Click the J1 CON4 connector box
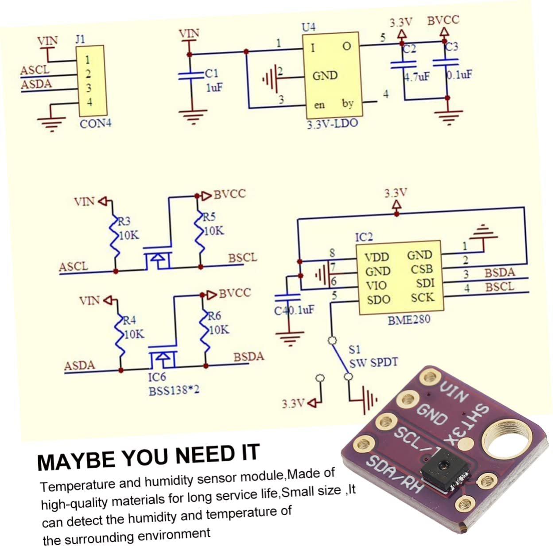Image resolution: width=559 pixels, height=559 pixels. [x=91, y=81]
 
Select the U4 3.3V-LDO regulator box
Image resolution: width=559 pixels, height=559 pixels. [x=330, y=75]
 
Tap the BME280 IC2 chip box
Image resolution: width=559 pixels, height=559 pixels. [x=399, y=278]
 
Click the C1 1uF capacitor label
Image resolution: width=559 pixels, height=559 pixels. [x=212, y=74]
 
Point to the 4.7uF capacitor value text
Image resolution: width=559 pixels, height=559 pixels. [x=417, y=77]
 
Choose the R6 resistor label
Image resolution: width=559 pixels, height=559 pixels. [x=215, y=316]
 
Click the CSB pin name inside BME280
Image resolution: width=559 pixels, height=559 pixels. [x=421, y=269]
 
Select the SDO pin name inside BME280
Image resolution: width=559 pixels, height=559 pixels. [x=378, y=299]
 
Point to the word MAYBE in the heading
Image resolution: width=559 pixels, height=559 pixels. [x=76, y=459]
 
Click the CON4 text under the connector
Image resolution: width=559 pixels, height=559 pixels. [x=95, y=124]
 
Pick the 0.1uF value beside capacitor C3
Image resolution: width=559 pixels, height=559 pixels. [x=459, y=75]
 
